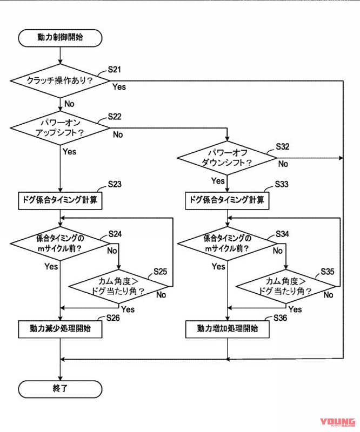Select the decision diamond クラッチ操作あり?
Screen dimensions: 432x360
59,80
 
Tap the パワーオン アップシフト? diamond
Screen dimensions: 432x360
59,127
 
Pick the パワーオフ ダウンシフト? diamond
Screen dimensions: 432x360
227,158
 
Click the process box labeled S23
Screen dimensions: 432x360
59,200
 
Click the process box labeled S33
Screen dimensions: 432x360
227,200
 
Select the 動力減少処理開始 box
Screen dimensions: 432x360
59,328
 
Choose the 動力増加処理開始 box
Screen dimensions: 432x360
227,328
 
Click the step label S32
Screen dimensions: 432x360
283,147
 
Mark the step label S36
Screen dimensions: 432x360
281,318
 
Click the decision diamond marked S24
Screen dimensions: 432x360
59,244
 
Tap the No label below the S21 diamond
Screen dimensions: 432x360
69,103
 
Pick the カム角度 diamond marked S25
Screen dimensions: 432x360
118,286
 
